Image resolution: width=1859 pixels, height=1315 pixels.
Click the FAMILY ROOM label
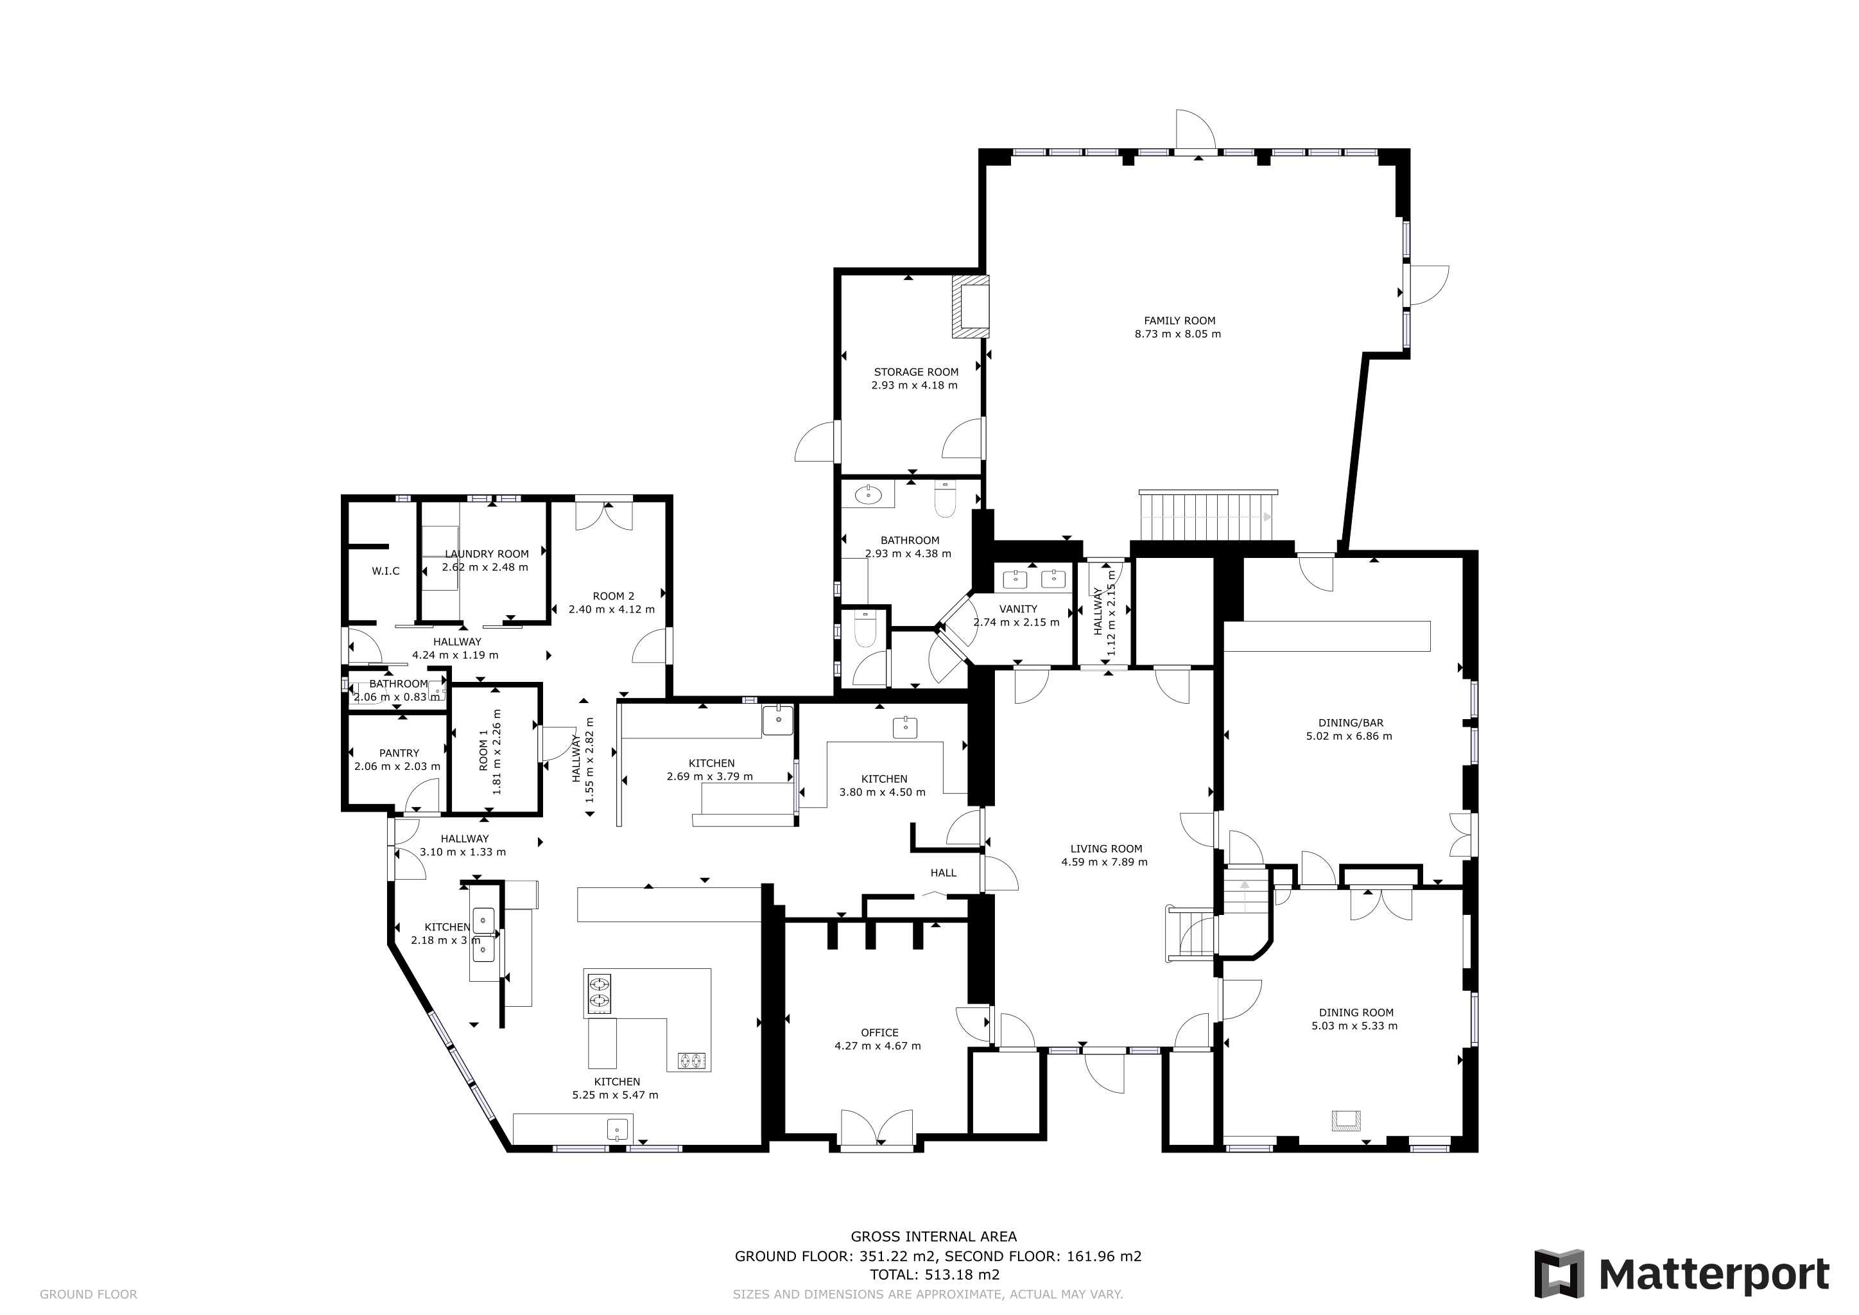coord(1179,320)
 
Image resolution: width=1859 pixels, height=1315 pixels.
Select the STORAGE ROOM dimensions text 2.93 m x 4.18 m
coord(914,385)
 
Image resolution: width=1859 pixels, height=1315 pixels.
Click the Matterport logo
coord(1682,1274)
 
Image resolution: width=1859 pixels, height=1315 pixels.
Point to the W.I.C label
coord(385,571)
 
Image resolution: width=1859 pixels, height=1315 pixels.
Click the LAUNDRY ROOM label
coord(487,554)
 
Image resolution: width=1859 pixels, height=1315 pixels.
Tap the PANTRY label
coord(399,753)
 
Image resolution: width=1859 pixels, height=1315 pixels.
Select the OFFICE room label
coord(879,1032)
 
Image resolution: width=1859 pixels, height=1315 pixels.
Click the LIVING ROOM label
coord(1106,849)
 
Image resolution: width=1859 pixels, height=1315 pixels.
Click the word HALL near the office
coord(943,873)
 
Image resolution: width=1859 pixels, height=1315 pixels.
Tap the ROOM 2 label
coord(613,596)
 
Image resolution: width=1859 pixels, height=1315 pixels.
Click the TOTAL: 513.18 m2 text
coord(935,1274)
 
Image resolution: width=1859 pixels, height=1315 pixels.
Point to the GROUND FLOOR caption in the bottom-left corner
coord(88,1294)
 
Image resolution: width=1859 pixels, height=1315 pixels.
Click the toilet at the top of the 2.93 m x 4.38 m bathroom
coord(945,499)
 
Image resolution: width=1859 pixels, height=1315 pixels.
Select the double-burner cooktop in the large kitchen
coord(599,993)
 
